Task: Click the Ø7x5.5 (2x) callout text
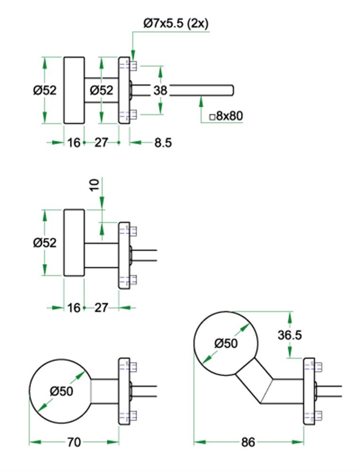(175, 24)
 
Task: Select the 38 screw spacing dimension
(160, 90)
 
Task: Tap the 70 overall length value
(74, 442)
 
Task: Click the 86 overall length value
(248, 442)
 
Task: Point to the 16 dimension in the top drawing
(74, 142)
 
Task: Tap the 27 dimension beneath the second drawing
(101, 308)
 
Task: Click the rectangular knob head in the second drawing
(74, 242)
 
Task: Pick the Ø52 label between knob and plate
(101, 90)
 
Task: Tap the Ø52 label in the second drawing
(45, 243)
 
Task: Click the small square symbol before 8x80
(212, 116)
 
